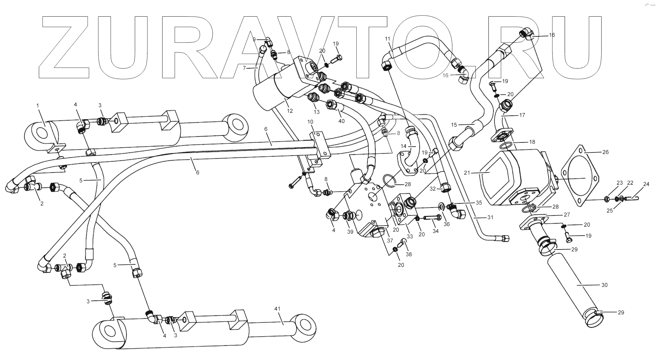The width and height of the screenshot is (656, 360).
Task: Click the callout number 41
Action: coord(277,308)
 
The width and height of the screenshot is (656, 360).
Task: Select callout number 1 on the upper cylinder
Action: coord(38,105)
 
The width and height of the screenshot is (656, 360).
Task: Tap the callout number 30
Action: coord(604,285)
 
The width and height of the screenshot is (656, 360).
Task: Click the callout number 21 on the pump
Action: coord(467,173)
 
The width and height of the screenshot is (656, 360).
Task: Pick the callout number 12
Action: coord(290,111)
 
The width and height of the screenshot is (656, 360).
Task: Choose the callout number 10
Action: coord(310,122)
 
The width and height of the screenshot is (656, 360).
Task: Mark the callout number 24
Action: coord(646,184)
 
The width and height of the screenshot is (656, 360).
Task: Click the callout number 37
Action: coord(390,241)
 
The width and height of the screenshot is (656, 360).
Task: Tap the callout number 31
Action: coord(490,217)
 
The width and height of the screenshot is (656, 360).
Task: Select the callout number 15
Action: coord(454,125)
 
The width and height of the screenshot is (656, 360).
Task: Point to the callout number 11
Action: coord(387,38)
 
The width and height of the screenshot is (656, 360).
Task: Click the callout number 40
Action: coord(341,121)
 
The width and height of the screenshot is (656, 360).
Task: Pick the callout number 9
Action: coord(254,39)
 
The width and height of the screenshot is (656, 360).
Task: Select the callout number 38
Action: coord(409,254)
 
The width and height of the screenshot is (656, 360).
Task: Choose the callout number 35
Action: coord(479,203)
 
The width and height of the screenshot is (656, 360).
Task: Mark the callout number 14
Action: coord(403,146)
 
